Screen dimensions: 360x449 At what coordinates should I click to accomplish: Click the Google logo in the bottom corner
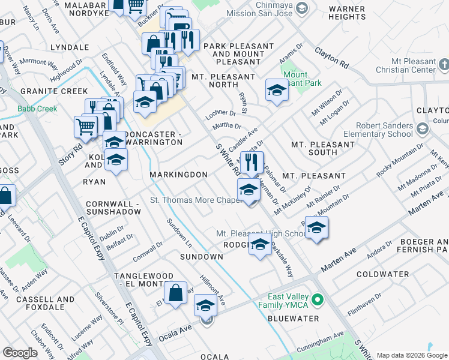pyautogui.click(x=20, y=353)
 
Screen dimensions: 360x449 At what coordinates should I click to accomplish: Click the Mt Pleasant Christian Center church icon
pyautogui.click(x=444, y=63)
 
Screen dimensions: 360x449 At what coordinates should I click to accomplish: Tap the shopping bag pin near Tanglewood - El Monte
pyautogui.click(x=176, y=294)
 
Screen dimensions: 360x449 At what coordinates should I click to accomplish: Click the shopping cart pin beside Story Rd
pyautogui.click(x=86, y=127)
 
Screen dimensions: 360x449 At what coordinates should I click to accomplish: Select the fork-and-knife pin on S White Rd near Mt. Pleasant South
pyautogui.click(x=251, y=161)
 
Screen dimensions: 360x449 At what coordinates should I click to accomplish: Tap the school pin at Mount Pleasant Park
pyautogui.click(x=276, y=91)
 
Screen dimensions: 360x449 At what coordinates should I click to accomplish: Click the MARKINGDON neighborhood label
pyautogui.click(x=178, y=175)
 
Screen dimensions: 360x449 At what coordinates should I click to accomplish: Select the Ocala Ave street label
pyautogui.click(x=175, y=335)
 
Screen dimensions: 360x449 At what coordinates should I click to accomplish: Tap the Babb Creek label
pyautogui.click(x=37, y=109)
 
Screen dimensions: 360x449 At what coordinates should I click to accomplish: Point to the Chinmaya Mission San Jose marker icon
pyautogui.click(x=302, y=8)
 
